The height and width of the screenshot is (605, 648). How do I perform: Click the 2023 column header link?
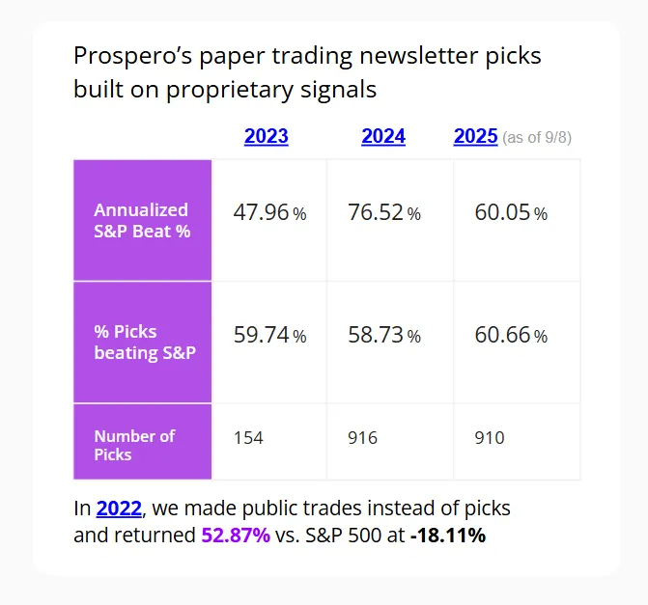click(x=266, y=136)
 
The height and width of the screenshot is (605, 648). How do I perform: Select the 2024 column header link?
click(x=383, y=136)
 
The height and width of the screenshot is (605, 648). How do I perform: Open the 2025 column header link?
click(x=475, y=136)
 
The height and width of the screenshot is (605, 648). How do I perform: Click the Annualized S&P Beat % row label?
click(x=141, y=220)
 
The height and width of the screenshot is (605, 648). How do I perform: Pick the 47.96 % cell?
click(x=269, y=213)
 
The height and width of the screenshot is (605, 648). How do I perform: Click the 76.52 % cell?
click(x=384, y=213)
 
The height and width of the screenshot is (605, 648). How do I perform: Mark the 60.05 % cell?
click(x=511, y=213)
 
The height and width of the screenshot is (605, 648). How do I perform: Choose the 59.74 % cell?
click(x=269, y=335)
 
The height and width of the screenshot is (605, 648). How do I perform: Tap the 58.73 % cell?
click(x=384, y=335)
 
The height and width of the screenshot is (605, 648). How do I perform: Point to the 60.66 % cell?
click(x=511, y=335)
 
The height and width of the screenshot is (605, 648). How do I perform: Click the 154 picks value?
click(x=248, y=438)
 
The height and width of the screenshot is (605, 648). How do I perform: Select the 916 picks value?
click(x=363, y=438)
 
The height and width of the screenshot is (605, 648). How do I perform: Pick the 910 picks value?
click(x=490, y=438)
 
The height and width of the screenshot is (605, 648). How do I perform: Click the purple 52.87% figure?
click(x=236, y=535)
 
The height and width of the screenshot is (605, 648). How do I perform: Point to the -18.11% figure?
click(x=447, y=535)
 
